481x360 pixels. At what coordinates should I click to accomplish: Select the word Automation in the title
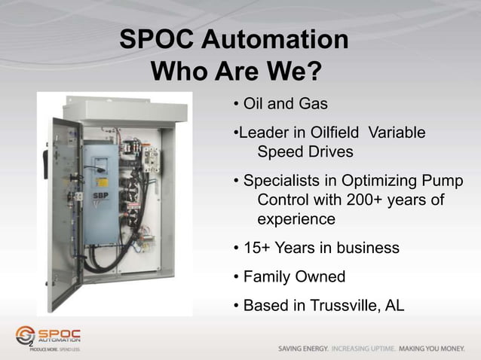pyautogui.click(x=280, y=40)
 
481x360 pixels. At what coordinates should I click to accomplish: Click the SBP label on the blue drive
pyautogui.click(x=98, y=194)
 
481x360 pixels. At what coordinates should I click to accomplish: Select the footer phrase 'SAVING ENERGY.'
pyautogui.click(x=302, y=349)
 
